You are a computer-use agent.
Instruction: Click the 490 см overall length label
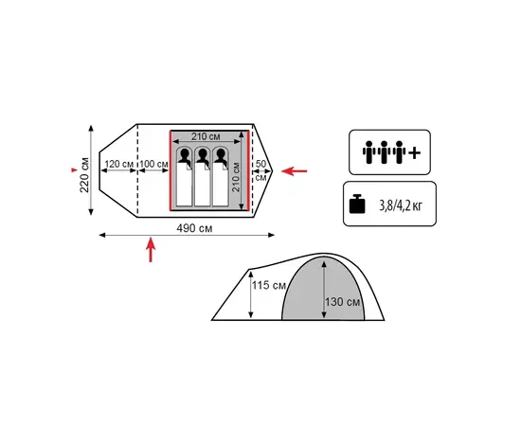pos(194,228)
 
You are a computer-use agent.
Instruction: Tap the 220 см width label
pos(84,174)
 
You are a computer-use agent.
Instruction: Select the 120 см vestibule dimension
pos(119,164)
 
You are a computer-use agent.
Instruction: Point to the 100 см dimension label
pos(153,164)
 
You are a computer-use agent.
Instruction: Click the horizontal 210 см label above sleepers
pos(206,136)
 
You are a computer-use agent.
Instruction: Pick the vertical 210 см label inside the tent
pos(236,176)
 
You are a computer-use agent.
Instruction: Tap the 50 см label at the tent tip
pos(261,170)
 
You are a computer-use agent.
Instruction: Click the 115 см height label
pos(269,285)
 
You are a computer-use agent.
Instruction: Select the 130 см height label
pos(342,302)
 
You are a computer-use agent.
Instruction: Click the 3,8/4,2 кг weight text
pos(401,206)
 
